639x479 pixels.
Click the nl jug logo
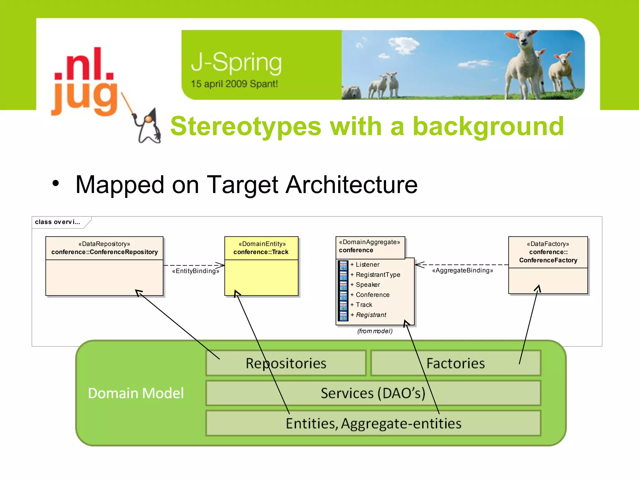84,82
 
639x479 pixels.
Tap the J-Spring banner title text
236,62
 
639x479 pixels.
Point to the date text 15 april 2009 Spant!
234,84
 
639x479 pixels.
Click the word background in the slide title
488,127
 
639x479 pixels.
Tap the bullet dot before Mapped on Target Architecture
56,183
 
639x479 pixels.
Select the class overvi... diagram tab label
58,222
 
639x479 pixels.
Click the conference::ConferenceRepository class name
105,252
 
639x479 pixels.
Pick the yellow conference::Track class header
261,248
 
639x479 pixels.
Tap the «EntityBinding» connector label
196,271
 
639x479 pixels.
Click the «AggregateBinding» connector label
462,270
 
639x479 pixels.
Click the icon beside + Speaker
343,285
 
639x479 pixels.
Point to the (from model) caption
375,331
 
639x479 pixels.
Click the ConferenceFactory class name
548,260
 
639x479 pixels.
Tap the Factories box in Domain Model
455,363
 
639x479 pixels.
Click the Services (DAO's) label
373,393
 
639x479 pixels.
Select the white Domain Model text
136,393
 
